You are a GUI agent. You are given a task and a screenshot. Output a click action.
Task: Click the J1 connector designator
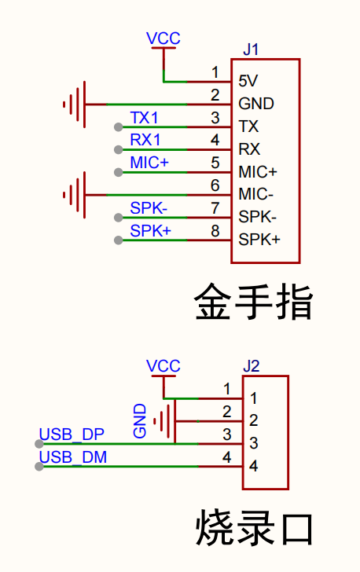pos(251,49)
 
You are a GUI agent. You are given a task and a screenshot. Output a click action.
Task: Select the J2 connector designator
pos(252,366)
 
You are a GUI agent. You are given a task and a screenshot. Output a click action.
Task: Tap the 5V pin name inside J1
pos(248,81)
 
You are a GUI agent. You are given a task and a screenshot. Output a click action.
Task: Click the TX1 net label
pos(144,118)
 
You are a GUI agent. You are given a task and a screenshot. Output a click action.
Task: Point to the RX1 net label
pos(145,140)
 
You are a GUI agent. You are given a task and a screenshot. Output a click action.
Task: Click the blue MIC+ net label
pos(149,163)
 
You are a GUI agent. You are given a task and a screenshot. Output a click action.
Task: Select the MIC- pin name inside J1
pos(255,194)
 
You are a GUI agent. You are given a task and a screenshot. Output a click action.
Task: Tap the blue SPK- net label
pos(149,208)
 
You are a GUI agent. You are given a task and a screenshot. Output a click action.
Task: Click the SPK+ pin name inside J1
pos(259,240)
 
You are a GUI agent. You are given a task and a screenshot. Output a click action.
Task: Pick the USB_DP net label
pos(72,434)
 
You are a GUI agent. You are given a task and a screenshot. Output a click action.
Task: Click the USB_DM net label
pos(73,457)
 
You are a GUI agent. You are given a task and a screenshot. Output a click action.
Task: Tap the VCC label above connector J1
pos(163,38)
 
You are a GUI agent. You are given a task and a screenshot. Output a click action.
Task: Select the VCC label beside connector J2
pos(163,366)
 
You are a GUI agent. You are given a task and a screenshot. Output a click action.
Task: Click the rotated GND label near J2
pos(139,420)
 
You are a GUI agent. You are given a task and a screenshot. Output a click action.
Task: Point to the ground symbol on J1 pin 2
pos(75,104)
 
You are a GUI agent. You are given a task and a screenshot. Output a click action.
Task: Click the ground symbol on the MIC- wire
pos(75,195)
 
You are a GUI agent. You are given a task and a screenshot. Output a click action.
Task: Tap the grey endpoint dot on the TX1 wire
pos(118,127)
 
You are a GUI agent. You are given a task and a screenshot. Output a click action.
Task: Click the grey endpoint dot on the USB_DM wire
pos(39,467)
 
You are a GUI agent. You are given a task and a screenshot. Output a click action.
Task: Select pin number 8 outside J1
pos(215,231)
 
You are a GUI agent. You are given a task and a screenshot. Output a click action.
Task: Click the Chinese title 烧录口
pos(254,528)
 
